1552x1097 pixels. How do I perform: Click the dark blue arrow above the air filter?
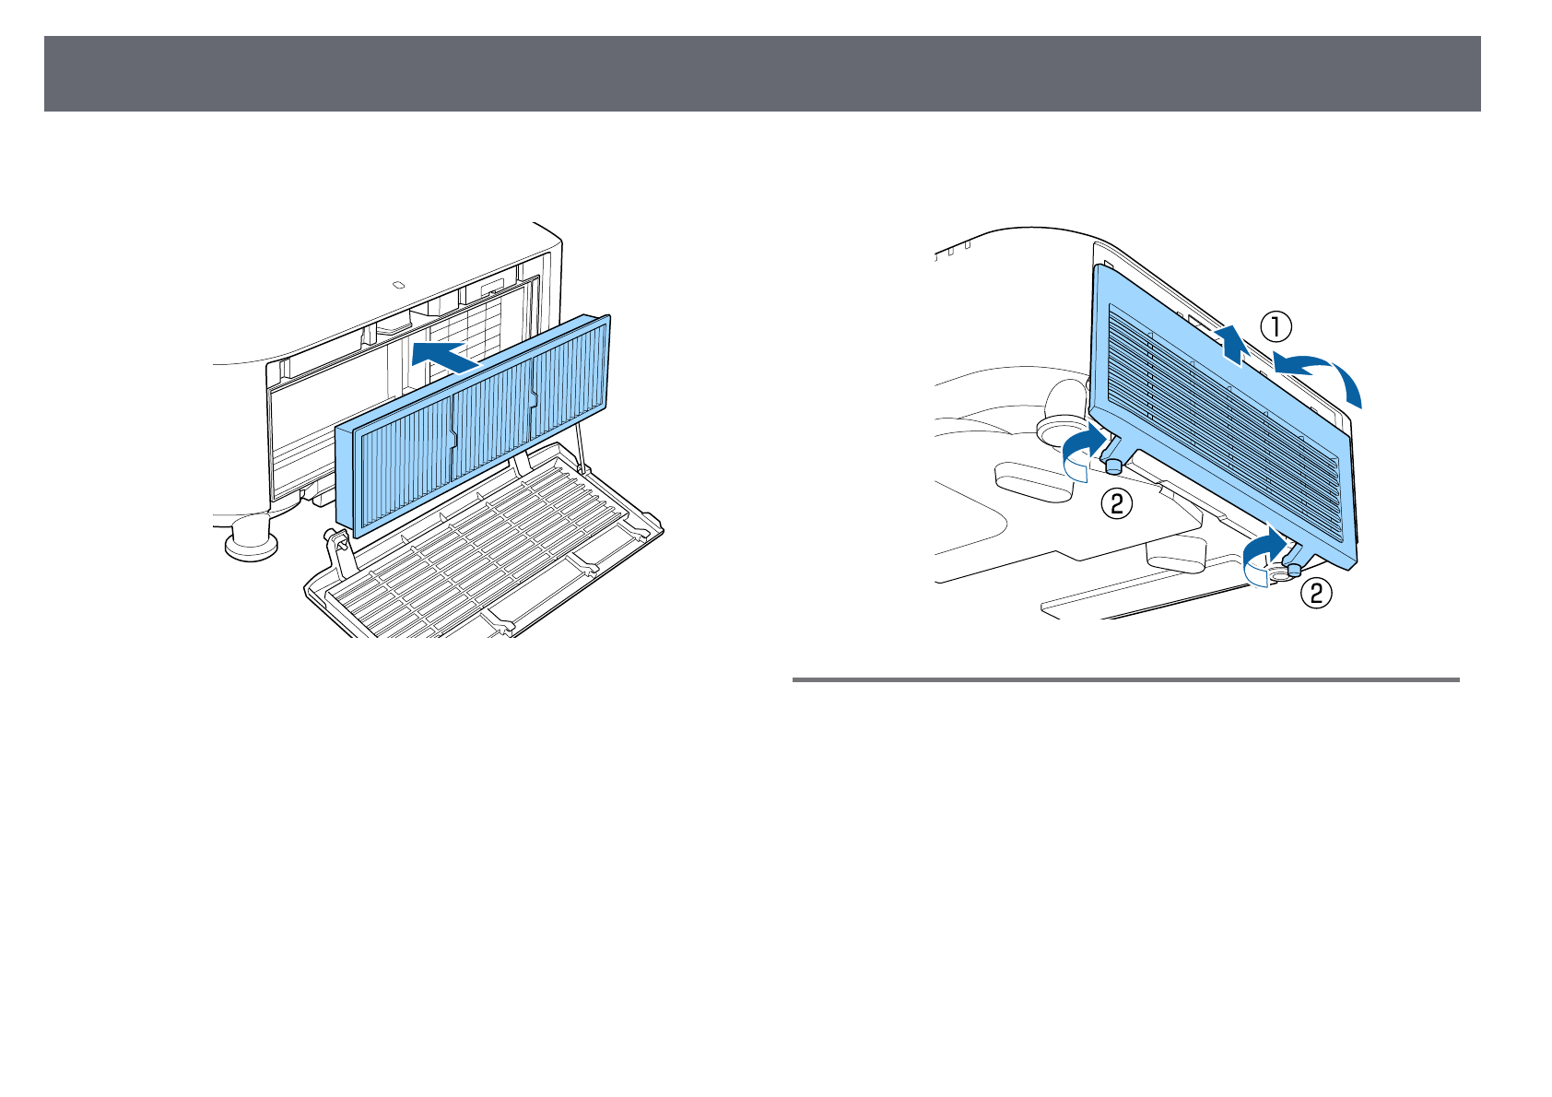tap(445, 354)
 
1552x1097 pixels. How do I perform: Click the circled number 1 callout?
tap(1276, 325)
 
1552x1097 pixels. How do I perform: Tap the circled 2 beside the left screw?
tap(1116, 503)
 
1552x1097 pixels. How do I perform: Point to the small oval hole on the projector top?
tap(398, 285)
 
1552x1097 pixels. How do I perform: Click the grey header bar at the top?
tap(761, 74)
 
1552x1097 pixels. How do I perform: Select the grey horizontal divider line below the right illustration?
tap(1125, 680)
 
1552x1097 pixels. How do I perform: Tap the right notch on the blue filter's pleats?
tap(533, 397)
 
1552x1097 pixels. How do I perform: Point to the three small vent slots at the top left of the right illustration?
tap(954, 251)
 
